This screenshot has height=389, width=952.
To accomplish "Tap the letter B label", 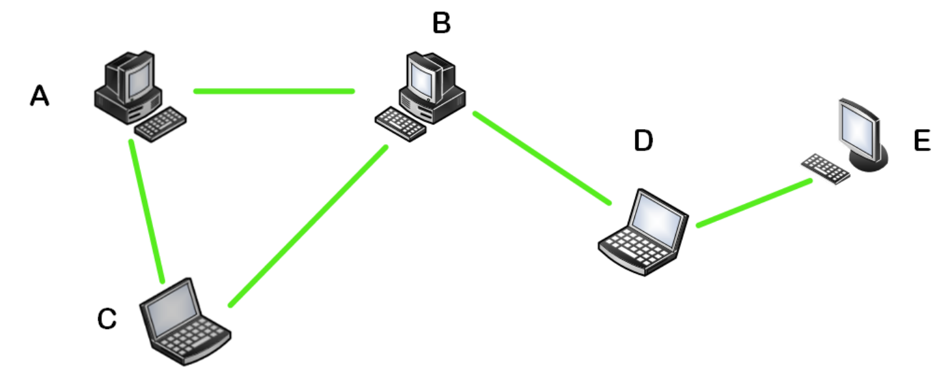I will click(x=441, y=23).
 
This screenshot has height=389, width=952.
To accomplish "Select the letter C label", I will click(x=107, y=319).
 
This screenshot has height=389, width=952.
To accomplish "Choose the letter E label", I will click(x=922, y=141).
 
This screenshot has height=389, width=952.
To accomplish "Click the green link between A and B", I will click(x=273, y=91).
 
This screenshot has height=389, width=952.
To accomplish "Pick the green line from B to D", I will click(x=542, y=158).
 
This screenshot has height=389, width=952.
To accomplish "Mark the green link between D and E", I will click(x=754, y=203).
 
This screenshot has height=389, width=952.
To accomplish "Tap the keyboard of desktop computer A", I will click(x=160, y=123).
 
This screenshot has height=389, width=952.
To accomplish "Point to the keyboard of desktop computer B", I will click(x=400, y=124).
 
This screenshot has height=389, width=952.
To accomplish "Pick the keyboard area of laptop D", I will click(x=635, y=251).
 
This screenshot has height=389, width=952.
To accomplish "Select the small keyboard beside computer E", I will click(x=825, y=169).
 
